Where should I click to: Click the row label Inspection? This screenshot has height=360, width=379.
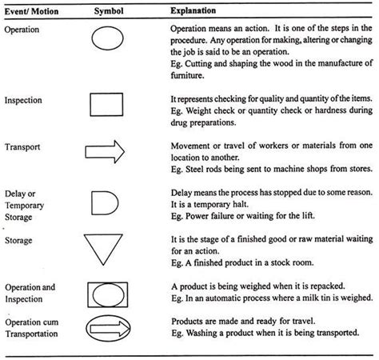click(25, 100)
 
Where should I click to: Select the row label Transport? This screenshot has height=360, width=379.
click(24, 147)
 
